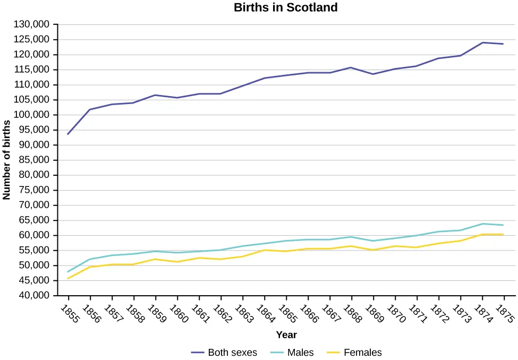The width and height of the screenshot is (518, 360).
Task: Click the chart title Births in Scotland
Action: point(286,7)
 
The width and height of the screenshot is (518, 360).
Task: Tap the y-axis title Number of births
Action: point(6,160)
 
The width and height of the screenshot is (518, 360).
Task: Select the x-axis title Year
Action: point(286,335)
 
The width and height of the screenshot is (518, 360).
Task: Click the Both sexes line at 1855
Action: point(68,134)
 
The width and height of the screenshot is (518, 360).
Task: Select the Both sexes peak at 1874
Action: point(482,42)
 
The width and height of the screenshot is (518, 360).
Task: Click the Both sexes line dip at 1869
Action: point(373,74)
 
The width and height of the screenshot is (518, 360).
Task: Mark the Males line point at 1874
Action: point(482,224)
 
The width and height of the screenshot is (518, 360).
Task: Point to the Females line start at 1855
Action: point(68,278)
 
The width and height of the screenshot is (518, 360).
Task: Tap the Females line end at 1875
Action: point(503,234)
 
